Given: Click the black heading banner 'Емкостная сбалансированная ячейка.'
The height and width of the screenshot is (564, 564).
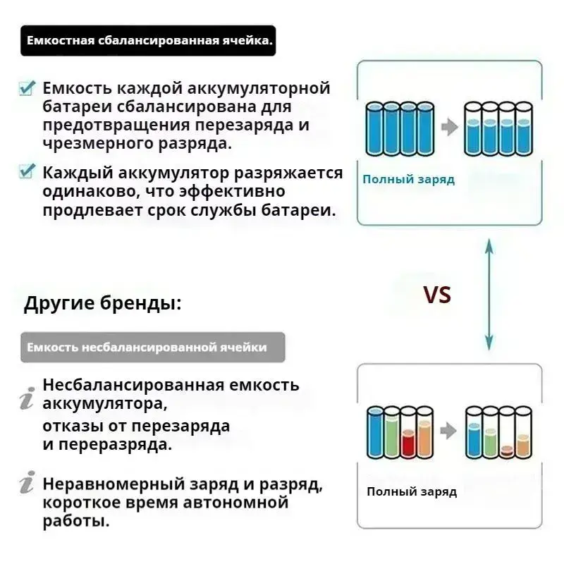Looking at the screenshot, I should coord(149,41).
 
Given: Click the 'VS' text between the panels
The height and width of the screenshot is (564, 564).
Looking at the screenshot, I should coord(436,295).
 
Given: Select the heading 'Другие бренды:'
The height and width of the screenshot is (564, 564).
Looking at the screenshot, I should coord(103,305).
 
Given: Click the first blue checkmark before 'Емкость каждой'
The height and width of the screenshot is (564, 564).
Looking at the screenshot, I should coord(27,89).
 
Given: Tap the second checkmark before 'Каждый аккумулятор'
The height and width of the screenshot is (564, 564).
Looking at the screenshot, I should coord(27,172).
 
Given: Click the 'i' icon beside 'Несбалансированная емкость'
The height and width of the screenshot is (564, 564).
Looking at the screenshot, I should coord(27,399).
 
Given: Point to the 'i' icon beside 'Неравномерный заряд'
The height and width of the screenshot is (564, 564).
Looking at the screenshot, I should coord(27,484).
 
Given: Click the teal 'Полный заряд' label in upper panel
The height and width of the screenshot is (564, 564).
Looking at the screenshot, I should coord(408,179).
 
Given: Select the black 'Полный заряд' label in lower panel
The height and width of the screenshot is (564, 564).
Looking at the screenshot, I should coord(411,491).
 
